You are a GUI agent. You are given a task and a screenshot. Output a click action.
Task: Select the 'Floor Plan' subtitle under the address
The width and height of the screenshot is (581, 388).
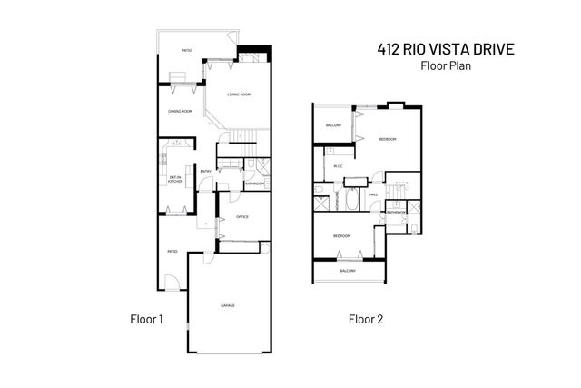445,66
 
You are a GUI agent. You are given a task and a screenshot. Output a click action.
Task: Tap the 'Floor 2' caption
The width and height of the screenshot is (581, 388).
366,319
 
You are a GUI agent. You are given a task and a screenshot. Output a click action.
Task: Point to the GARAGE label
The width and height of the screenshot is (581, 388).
228,305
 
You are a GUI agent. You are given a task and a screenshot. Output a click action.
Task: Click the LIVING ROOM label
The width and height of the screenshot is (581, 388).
239,94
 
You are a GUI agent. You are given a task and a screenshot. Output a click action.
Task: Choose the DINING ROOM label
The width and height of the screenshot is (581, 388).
180,111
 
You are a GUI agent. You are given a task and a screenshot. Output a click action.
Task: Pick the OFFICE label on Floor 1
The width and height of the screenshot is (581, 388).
242,216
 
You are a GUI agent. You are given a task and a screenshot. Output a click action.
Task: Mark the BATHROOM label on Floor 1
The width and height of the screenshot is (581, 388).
254,184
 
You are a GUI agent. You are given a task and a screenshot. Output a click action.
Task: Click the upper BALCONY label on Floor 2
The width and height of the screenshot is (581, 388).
332,125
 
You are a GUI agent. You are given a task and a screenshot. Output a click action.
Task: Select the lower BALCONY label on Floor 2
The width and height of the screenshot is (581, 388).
348,271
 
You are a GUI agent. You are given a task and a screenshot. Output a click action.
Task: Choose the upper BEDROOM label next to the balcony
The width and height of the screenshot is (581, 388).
387,138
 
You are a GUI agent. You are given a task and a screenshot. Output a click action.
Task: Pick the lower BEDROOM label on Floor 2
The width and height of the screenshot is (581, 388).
341,235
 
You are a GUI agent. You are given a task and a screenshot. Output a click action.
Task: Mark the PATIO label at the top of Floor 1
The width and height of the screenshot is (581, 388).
186,51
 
